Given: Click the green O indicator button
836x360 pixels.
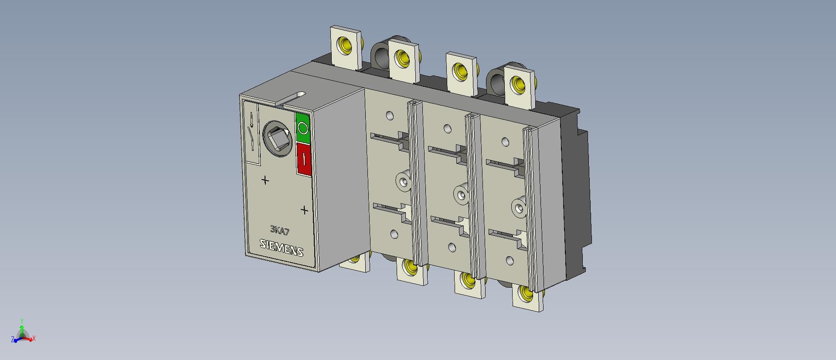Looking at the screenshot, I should point(302,128).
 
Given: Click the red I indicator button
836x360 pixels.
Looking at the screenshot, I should point(304,160).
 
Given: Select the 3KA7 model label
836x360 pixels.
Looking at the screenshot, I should point(280,231).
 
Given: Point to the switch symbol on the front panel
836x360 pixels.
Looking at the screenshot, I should point(252,133).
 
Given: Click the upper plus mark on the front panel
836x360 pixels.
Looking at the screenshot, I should point(265,180).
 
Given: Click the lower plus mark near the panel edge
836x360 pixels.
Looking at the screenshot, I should point(304,210).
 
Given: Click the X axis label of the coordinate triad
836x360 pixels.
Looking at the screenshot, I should point(34,339).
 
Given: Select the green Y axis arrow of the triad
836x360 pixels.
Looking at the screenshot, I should point(22,327).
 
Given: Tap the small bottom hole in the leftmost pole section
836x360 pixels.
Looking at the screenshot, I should point(394,234).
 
